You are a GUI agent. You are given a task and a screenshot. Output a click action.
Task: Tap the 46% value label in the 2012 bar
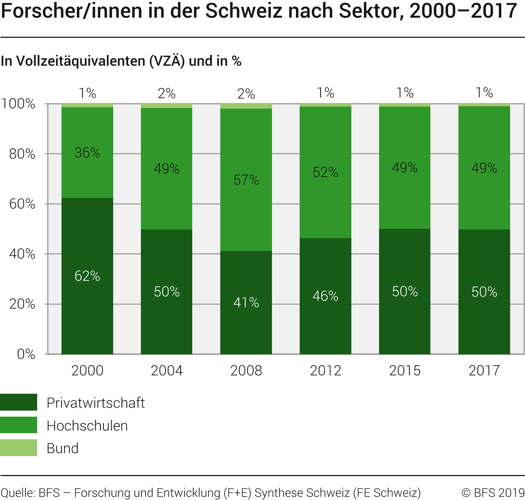coord(325,296)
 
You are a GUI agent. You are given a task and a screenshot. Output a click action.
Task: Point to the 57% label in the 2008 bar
coord(246,180)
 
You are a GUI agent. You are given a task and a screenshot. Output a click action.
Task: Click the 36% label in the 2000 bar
coord(87,153)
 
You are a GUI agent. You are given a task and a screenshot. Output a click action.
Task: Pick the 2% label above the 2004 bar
coord(167,93)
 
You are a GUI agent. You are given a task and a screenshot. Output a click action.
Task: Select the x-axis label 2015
coord(405,370)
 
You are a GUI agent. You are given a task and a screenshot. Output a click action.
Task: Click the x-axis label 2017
coord(484,370)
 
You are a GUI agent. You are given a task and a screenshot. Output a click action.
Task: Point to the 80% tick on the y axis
coord(22,154)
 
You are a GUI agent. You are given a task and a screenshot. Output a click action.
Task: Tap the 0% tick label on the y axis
coord(26,354)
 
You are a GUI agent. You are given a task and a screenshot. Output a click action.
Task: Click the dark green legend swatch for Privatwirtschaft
coord(19,402)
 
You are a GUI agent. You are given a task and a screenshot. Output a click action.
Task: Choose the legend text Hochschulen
coord(87,426)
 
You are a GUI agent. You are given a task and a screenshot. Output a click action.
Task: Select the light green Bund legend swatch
coord(19,448)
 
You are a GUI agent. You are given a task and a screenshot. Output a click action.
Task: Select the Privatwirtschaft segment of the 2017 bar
coord(484,321)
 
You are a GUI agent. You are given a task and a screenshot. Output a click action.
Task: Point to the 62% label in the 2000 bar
coord(87,276)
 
